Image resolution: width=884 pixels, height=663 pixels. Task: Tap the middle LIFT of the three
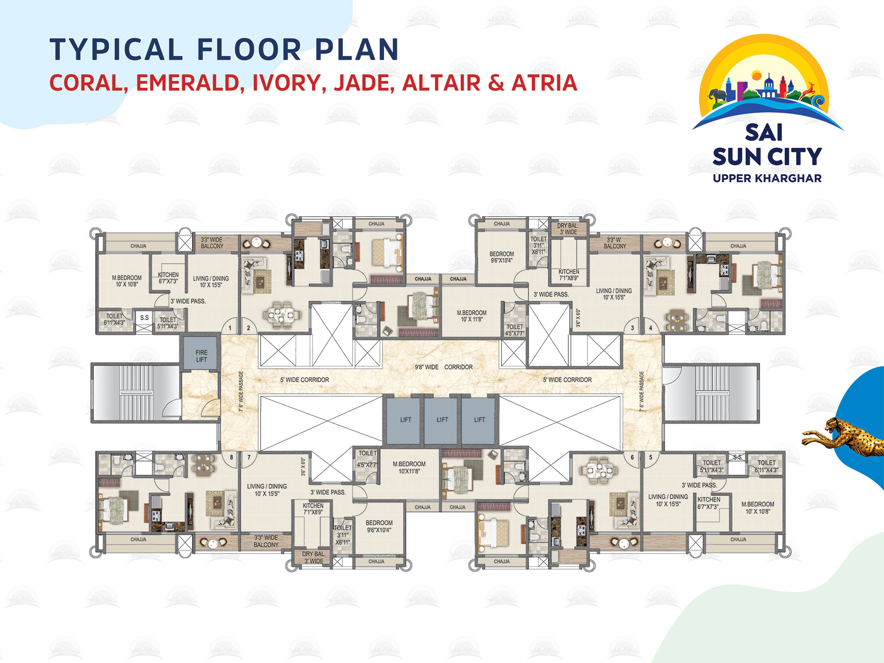pyautogui.click(x=442, y=419)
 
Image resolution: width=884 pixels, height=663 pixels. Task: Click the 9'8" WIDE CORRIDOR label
pyautogui.click(x=443, y=367)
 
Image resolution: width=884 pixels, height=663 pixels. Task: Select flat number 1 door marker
pyautogui.click(x=230, y=328)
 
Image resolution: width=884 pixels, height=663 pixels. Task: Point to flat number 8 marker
pyautogui.click(x=231, y=457)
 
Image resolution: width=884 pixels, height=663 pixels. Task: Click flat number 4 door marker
pyautogui.click(x=651, y=328)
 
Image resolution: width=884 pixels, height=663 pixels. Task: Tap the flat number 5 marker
pyautogui.click(x=651, y=457)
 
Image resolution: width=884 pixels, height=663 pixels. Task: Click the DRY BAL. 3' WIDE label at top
pyautogui.click(x=568, y=229)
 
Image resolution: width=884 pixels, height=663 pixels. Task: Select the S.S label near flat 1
pyautogui.click(x=144, y=318)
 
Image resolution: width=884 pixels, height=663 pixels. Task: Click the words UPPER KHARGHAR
pyautogui.click(x=767, y=178)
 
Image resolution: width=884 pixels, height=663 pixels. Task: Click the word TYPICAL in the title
pyautogui.click(x=116, y=50)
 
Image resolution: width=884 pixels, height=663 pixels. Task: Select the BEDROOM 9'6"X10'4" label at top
pyautogui.click(x=501, y=257)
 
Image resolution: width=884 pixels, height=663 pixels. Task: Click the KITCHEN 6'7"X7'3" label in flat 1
pyautogui.click(x=168, y=278)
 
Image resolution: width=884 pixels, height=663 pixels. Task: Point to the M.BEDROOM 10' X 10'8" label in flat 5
pyautogui.click(x=758, y=507)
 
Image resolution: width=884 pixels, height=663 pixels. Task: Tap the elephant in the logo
pyautogui.click(x=718, y=96)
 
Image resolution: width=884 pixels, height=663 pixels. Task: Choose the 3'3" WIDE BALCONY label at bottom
pyautogui.click(x=266, y=541)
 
